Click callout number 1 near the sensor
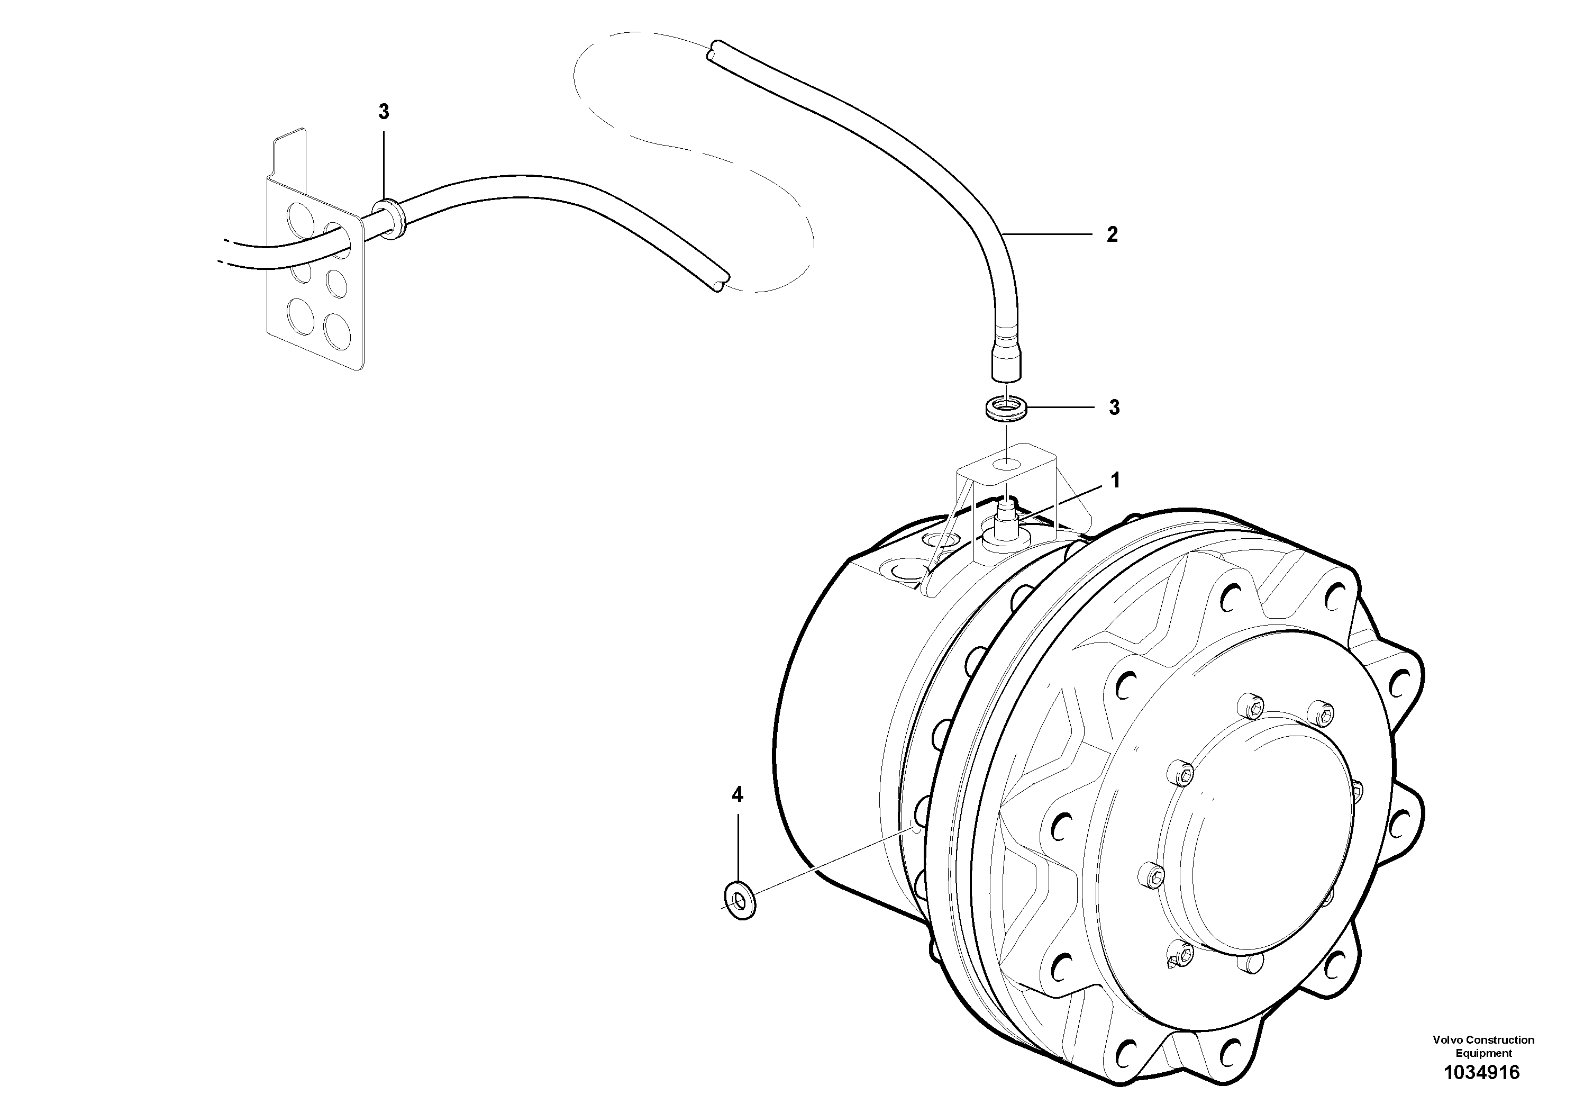[1115, 481]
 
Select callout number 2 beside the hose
[1112, 234]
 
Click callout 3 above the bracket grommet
[384, 111]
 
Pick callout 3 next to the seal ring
[1114, 408]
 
